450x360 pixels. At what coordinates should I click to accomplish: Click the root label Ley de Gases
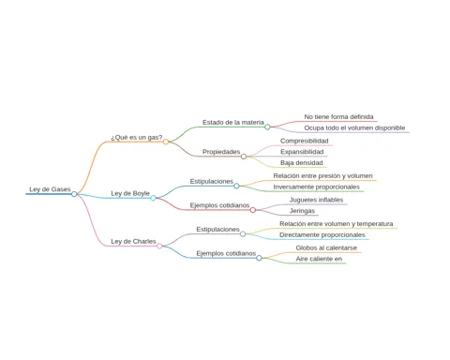point(50,189)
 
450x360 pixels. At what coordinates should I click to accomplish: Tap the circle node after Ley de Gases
point(74,194)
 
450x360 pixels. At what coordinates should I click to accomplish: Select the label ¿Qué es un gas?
point(137,138)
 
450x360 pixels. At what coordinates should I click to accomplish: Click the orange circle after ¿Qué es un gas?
point(166,142)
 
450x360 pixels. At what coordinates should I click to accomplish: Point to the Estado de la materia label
point(233,122)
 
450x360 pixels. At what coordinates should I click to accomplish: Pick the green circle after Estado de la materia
point(267,127)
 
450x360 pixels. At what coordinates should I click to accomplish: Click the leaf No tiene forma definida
point(338,117)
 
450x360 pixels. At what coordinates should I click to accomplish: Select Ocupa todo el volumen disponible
point(354,127)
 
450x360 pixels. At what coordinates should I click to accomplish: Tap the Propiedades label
point(221,152)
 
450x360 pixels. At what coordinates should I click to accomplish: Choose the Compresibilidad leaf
point(305,141)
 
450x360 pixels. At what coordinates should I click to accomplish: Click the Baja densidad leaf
point(302,163)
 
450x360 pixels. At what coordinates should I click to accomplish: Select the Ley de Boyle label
point(130,194)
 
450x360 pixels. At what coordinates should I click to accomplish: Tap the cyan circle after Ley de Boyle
point(153,198)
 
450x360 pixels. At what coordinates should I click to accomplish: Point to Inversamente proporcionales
point(317,187)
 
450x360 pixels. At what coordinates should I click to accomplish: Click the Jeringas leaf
point(302,211)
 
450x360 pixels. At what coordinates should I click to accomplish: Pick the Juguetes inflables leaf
point(316,200)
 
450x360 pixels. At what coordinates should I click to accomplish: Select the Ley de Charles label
point(133,242)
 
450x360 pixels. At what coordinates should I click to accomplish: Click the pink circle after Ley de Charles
point(159,246)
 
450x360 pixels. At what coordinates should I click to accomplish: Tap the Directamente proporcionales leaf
point(322,235)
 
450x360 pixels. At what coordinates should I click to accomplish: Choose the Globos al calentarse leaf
point(326,247)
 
